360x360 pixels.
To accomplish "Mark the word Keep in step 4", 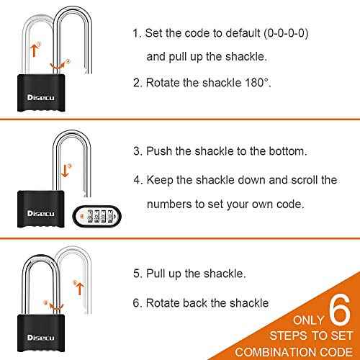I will (x=159, y=179).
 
